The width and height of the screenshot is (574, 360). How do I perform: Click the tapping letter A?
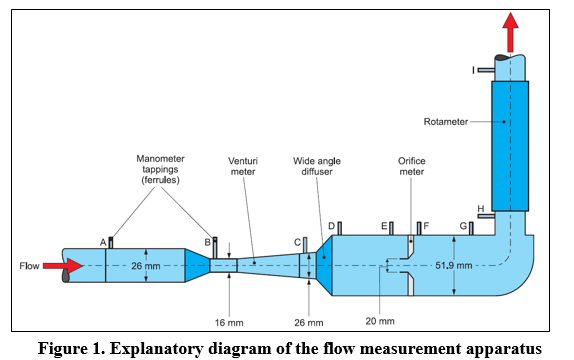point(103,242)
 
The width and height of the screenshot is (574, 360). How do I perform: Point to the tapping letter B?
point(206,242)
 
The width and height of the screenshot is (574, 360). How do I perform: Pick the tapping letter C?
point(297,241)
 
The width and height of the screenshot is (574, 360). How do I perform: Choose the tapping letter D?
point(331,227)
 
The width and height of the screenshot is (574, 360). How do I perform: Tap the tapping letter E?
point(383,227)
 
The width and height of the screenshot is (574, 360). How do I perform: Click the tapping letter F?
point(426,227)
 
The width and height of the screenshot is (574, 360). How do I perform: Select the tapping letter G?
point(462,227)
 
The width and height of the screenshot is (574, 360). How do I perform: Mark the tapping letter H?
point(481,208)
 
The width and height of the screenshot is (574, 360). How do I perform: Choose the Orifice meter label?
point(411,164)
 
